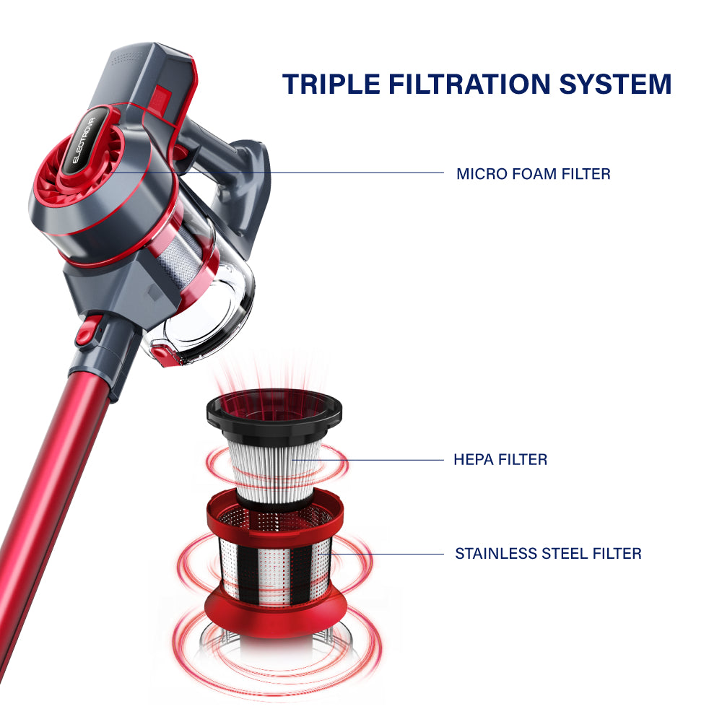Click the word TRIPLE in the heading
(x=331, y=84)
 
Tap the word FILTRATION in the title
(x=469, y=84)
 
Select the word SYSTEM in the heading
(x=615, y=84)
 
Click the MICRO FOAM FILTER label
(x=534, y=174)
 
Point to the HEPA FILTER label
(x=500, y=459)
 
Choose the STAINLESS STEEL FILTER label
(x=548, y=554)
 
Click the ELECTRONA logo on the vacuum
(x=84, y=140)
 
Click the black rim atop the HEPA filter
(x=274, y=412)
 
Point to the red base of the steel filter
(x=275, y=614)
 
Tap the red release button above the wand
(x=88, y=331)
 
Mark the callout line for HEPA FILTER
(x=367, y=459)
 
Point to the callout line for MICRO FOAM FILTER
(x=277, y=173)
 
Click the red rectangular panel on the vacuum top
(x=160, y=100)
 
